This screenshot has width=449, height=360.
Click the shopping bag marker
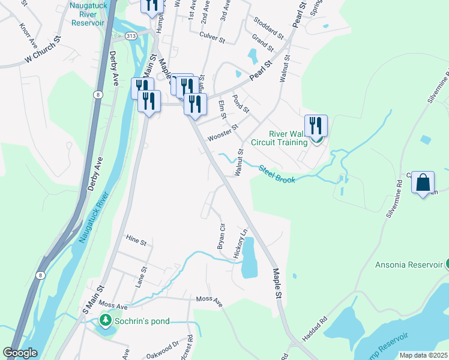coord(423,182)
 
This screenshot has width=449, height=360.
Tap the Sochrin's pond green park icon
coord(106,320)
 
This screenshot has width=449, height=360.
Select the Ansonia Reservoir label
coord(409,265)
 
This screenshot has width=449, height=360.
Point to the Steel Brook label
coord(277,175)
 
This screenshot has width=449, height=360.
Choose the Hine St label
coord(136,241)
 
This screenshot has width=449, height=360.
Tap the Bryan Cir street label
coord(221,236)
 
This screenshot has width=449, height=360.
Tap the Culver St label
coord(212,39)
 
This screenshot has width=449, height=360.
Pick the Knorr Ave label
coord(28,37)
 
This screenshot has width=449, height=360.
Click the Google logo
coord(20,353)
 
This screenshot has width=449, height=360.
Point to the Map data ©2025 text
coord(423,355)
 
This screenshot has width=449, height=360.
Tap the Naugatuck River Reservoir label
coord(88,14)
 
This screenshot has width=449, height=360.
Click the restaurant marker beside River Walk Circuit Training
coord(316,126)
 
